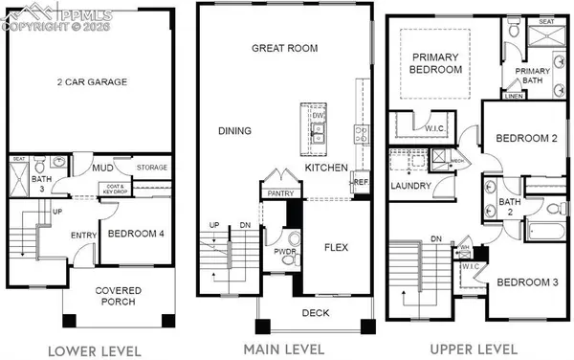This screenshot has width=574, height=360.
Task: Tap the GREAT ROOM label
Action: click(284, 48)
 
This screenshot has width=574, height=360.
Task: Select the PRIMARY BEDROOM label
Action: click(435, 64)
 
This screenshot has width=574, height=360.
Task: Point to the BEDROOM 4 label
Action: click(135, 233)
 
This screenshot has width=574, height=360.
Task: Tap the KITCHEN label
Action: click(325, 168)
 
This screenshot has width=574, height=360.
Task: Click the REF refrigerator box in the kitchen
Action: click(361, 182)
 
